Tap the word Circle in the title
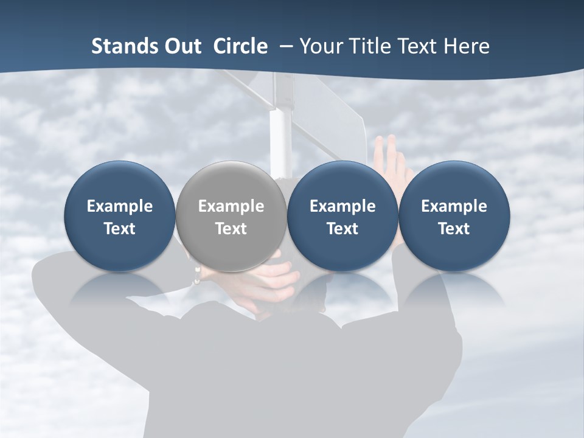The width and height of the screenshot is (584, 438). coord(240,46)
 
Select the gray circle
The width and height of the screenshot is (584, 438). coord(231,217)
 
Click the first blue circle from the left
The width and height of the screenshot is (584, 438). coord(119,217)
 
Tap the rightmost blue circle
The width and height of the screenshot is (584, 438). coord(454,217)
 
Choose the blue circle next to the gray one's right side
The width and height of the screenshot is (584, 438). coord(342,217)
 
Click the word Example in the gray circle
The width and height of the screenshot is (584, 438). coord(231,206)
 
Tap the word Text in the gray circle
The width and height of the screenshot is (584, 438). coord(231,229)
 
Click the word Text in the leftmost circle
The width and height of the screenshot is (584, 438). coord(119,229)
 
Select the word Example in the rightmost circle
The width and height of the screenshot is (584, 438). coord(454,206)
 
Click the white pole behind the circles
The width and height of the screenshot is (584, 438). coord(280,137)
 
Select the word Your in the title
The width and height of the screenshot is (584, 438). coord(319,46)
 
